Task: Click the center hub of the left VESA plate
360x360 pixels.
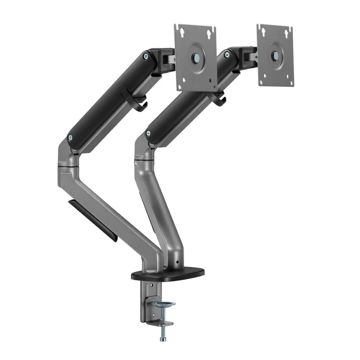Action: pos(196,58)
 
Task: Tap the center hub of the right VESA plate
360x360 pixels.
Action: pos(275,56)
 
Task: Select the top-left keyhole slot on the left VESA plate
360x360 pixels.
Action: pos(182,33)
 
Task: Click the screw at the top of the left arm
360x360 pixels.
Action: pos(145,56)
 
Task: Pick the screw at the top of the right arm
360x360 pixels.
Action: pos(226,54)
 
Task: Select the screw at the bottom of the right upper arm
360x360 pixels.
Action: pos(148,133)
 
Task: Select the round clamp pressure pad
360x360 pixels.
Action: pos(163,305)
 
